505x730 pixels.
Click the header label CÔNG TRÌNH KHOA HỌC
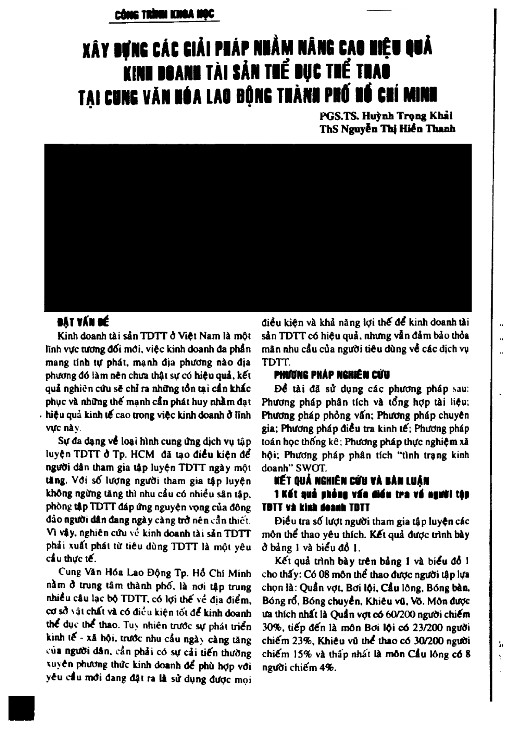click(162, 15)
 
